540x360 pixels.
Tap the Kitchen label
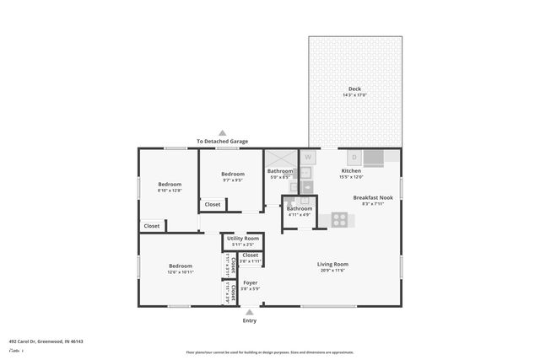(x=351, y=171)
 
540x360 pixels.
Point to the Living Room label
(x=332, y=264)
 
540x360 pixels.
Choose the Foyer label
(x=250, y=282)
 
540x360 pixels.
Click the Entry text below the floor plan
(x=250, y=320)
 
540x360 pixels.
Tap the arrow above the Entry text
(x=250, y=311)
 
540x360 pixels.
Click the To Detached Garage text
(x=222, y=141)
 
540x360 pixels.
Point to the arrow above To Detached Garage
(x=222, y=132)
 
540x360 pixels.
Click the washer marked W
(x=308, y=157)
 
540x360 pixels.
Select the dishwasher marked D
(x=354, y=157)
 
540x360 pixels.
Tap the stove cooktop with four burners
(x=340, y=219)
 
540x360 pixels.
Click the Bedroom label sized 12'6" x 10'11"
(x=181, y=266)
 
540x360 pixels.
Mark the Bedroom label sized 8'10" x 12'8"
(x=170, y=185)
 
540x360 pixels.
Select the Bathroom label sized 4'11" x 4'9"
(x=299, y=208)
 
